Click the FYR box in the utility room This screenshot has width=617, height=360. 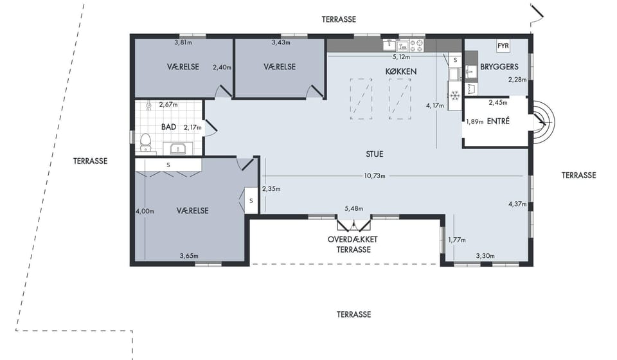pyautogui.click(x=503, y=46)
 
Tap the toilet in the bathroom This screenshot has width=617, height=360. pyautogui.click(x=146, y=143)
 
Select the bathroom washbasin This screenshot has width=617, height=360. pyautogui.click(x=178, y=148)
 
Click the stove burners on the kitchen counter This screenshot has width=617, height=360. pyautogui.click(x=417, y=45)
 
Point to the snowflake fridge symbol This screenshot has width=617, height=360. pyautogui.click(x=455, y=95)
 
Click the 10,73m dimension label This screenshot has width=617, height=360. pyautogui.click(x=374, y=176)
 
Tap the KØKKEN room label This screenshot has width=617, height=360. pyautogui.click(x=400, y=71)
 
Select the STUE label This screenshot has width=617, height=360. pyautogui.click(x=374, y=154)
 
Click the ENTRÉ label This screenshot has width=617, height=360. pyautogui.click(x=498, y=122)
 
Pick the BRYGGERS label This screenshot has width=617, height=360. pyautogui.click(x=499, y=67)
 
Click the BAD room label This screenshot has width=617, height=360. pyautogui.click(x=168, y=127)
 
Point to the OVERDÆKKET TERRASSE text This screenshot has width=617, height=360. pyautogui.click(x=353, y=244)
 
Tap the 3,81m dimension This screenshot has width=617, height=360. pyautogui.click(x=183, y=42)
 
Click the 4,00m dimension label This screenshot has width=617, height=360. pyautogui.click(x=145, y=212)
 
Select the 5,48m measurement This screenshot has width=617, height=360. pyautogui.click(x=353, y=208)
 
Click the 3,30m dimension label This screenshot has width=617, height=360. pyautogui.click(x=485, y=256)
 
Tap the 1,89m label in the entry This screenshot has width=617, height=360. pyautogui.click(x=474, y=122)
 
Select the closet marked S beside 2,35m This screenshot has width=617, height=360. pyautogui.click(x=251, y=201)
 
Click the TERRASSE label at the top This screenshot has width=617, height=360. pyautogui.click(x=339, y=19)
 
